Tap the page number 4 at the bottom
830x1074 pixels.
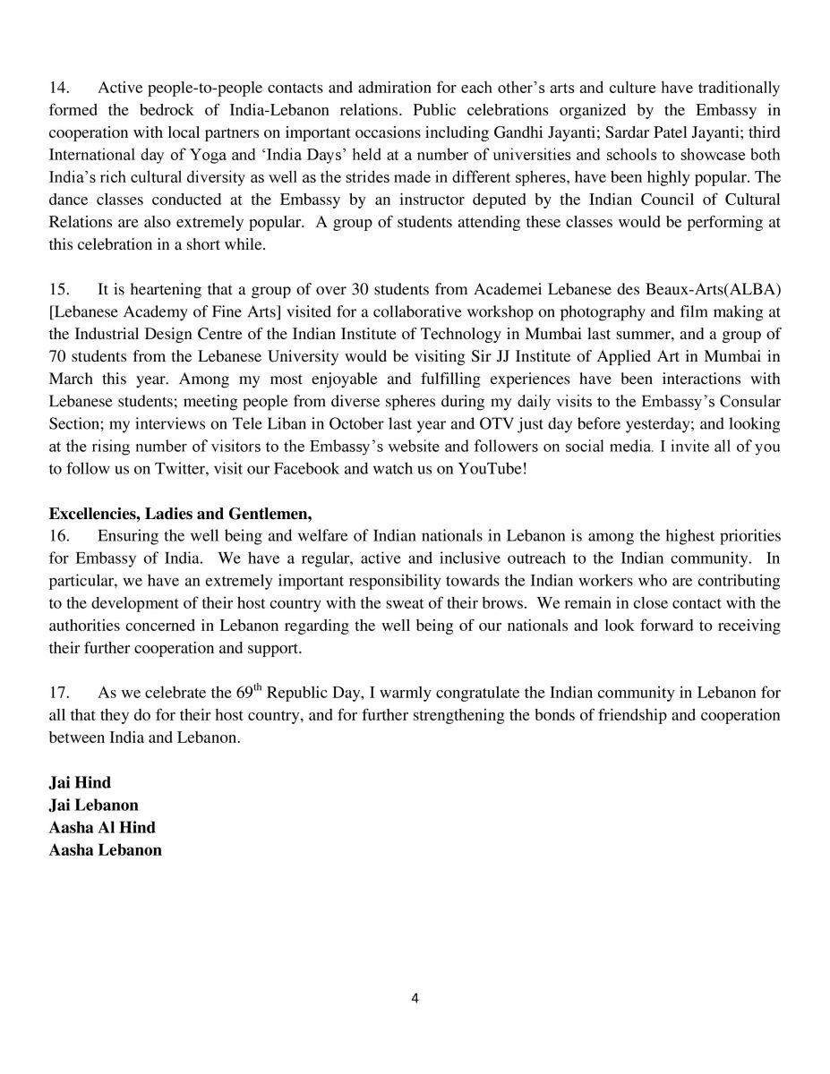[x=415, y=999]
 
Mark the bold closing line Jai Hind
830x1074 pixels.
[x=80, y=783]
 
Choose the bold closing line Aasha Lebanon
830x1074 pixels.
[x=105, y=850]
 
